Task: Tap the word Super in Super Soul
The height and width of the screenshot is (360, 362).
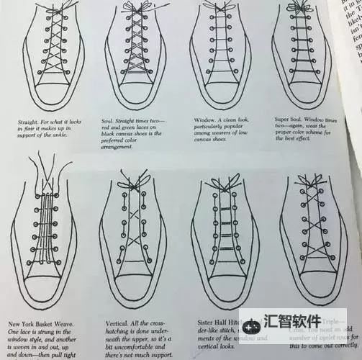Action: point(283,118)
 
